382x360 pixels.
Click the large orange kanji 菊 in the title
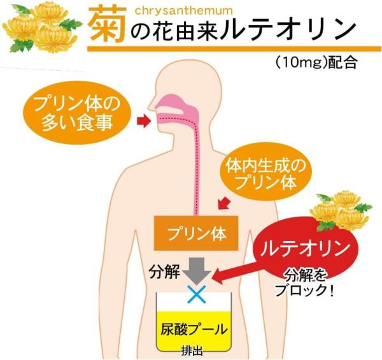click(108, 24)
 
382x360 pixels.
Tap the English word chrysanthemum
click(184, 11)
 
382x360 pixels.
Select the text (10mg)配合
click(316, 62)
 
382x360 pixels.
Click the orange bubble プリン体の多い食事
click(77, 114)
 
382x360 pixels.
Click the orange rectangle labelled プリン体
click(196, 233)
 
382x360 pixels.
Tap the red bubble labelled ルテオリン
click(305, 248)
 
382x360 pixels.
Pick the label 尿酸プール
click(194, 329)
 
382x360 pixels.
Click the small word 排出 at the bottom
click(192, 351)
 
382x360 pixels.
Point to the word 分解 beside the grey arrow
click(164, 272)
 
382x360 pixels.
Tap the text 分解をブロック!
click(305, 283)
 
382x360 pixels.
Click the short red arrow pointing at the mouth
click(143, 120)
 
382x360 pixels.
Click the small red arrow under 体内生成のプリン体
click(224, 203)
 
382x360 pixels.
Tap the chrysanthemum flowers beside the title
click(42, 27)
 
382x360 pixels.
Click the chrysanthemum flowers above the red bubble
click(341, 211)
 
